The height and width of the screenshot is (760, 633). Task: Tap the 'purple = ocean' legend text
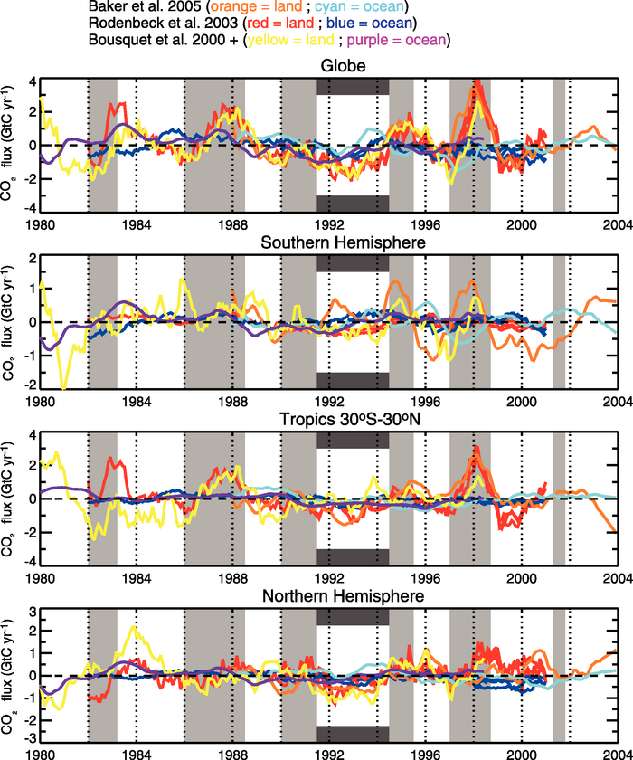(406, 41)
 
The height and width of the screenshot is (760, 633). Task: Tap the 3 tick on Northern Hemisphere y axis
(30, 613)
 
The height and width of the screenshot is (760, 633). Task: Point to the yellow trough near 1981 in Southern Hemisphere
(63, 387)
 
